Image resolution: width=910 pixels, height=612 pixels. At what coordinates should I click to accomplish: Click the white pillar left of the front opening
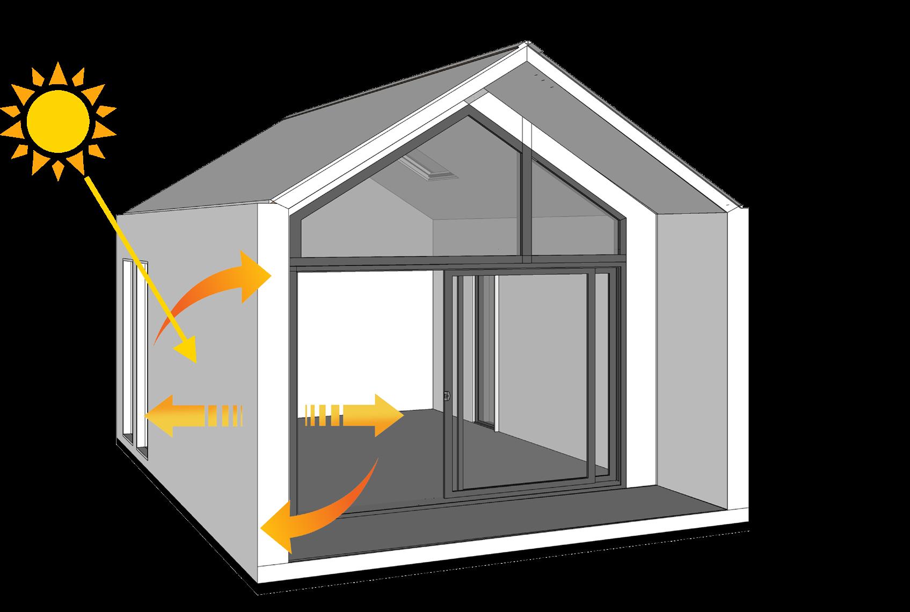click(x=274, y=375)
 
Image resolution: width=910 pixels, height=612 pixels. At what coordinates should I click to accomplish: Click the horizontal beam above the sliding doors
click(x=456, y=263)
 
